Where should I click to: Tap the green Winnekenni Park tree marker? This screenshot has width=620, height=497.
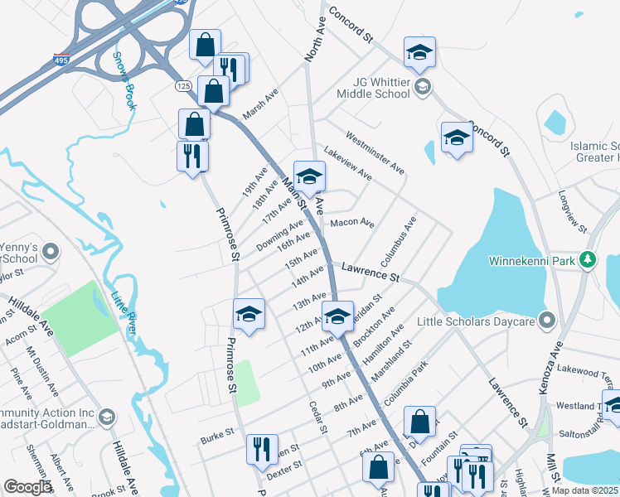pyautogui.click(x=589, y=261)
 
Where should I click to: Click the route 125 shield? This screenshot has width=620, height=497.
pyautogui.click(x=184, y=86)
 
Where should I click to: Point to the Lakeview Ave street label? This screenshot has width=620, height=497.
pyautogui.click(x=348, y=165)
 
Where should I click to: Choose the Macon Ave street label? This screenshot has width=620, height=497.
pyautogui.click(x=352, y=223)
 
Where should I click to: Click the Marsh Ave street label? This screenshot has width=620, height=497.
pyautogui.click(x=260, y=105)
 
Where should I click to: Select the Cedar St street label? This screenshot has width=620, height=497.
pyautogui.click(x=318, y=417)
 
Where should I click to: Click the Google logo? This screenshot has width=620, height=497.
pyautogui.click(x=27, y=487)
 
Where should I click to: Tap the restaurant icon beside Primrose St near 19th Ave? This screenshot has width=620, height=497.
pyautogui.click(x=192, y=155)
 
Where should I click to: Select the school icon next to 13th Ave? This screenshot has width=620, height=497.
pyautogui.click(x=249, y=313)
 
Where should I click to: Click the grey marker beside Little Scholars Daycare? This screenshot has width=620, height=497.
pyautogui.click(x=547, y=321)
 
